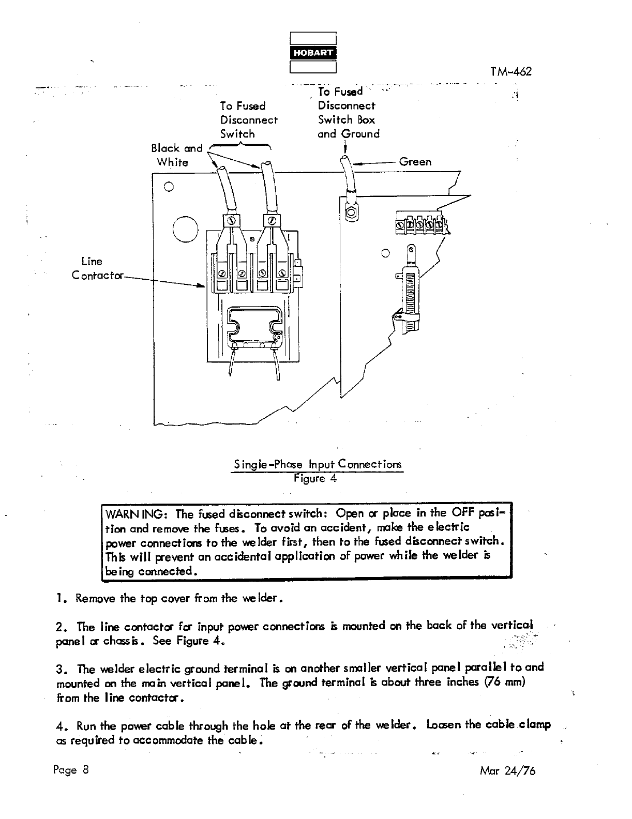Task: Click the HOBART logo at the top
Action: coord(313,53)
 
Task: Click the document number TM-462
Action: coord(510,72)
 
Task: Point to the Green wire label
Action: coord(415,162)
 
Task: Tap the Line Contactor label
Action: coord(97,268)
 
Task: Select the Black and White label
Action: coord(176,155)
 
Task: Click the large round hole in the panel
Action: coord(185,230)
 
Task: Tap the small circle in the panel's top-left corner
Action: coord(169,187)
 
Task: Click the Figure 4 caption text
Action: coord(315,478)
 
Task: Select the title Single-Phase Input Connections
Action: coord(317,464)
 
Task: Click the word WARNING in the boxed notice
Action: coord(135,514)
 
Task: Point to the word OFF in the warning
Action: coord(463,513)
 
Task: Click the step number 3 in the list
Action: coord(60,669)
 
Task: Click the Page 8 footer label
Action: coord(71,770)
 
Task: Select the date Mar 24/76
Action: coord(507,771)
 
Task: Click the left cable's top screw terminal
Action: coord(232,221)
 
